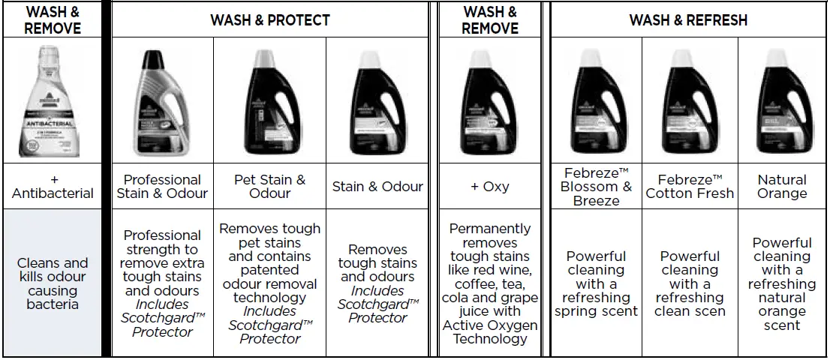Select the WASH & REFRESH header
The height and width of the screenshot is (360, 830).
coord(688,19)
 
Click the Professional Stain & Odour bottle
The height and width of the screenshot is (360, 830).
coord(161,101)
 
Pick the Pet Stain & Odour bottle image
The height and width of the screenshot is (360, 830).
coord(269,101)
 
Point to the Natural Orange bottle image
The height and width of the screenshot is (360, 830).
coord(782,101)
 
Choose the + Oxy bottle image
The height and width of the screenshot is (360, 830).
coord(489,101)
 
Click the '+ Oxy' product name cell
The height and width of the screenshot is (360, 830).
coord(490,186)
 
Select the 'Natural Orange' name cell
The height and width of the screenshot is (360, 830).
coord(782,186)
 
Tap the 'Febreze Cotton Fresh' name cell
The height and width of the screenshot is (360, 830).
coord(690,186)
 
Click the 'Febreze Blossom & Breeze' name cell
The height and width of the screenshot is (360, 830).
coord(596,186)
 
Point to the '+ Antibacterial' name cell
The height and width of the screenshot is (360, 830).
coord(53,186)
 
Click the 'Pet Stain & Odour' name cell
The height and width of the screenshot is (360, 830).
coord(269,186)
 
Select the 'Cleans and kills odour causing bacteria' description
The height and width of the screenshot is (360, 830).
coord(53,283)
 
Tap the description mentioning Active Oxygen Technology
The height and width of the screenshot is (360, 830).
coord(490,283)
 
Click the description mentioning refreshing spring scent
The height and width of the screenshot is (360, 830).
coord(596,283)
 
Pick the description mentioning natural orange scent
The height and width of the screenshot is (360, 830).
coord(782,283)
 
